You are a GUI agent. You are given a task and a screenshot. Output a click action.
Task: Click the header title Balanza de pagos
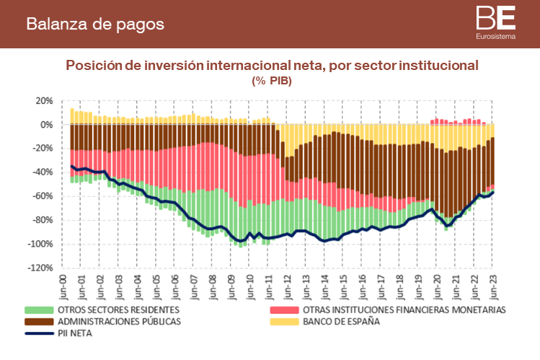(x=95, y=24)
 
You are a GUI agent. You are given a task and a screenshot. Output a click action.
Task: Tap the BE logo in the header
(x=495, y=17)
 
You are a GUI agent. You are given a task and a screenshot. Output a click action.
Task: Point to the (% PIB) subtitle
(x=271, y=80)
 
